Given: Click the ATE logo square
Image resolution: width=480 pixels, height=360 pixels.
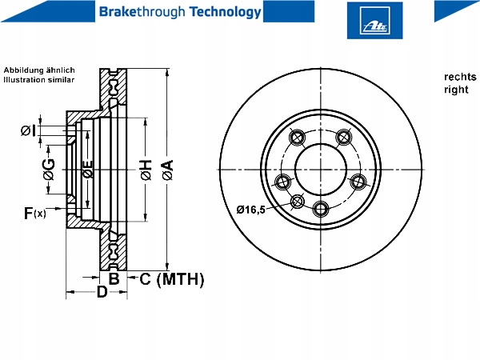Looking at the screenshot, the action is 374,21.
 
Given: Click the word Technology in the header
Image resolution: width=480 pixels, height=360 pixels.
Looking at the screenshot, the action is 226,12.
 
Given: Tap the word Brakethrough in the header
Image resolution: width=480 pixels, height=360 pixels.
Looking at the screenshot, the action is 142,12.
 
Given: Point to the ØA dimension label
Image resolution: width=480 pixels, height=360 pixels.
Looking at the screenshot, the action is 168,170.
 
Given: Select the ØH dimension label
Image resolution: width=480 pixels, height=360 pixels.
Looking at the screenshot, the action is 146,170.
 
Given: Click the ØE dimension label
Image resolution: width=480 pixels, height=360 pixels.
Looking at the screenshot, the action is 88,169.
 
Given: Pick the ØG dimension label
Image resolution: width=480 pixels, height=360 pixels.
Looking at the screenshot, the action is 49,170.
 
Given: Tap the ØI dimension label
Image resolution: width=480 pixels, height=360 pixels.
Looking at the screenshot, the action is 29,130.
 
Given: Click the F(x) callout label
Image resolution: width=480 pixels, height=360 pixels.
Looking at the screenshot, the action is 35,213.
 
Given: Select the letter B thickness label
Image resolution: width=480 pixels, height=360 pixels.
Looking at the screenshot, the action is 114,278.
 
